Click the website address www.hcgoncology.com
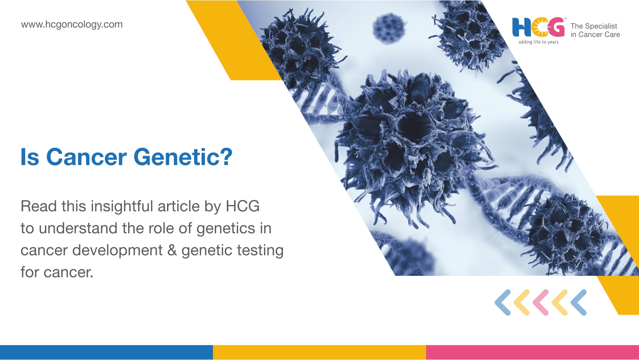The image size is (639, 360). pyautogui.click(x=72, y=25)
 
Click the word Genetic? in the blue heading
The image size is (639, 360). pyautogui.click(x=183, y=157)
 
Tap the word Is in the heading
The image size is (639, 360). pyautogui.click(x=29, y=157)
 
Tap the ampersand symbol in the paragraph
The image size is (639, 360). pyautogui.click(x=172, y=250)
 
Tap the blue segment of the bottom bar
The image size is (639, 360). pyautogui.click(x=106, y=353)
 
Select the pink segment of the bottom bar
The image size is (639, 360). pyautogui.click(x=532, y=353)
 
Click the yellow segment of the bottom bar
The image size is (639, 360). pyautogui.click(x=319, y=353)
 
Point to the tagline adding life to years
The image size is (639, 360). pyautogui.click(x=538, y=42)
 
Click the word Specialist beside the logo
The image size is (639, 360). pyautogui.click(x=601, y=26)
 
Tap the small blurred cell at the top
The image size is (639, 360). pyautogui.click(x=389, y=29)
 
